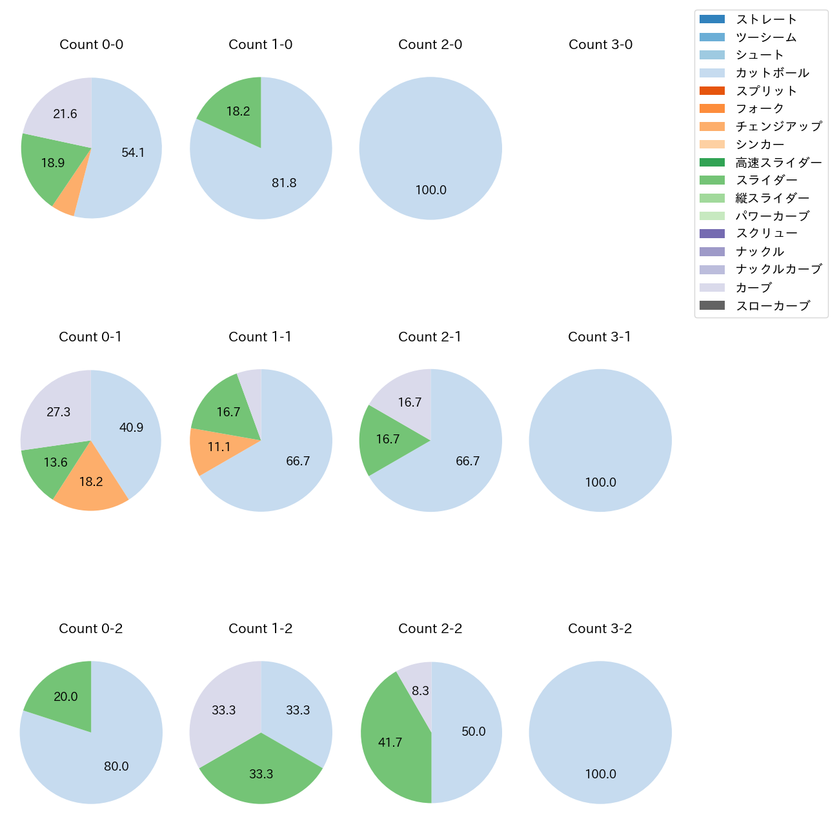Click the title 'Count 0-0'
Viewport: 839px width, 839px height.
click(x=91, y=45)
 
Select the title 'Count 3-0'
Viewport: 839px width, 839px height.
click(x=600, y=45)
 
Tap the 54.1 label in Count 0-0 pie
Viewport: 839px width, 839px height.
click(x=133, y=153)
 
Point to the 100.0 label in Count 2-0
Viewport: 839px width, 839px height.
click(x=430, y=190)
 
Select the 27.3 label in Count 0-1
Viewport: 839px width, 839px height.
click(x=59, y=412)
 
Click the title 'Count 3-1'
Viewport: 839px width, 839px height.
click(x=600, y=337)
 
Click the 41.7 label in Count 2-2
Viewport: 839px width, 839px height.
click(x=390, y=743)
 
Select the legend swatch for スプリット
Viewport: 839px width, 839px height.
click(x=712, y=91)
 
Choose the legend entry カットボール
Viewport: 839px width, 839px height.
click(x=772, y=73)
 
